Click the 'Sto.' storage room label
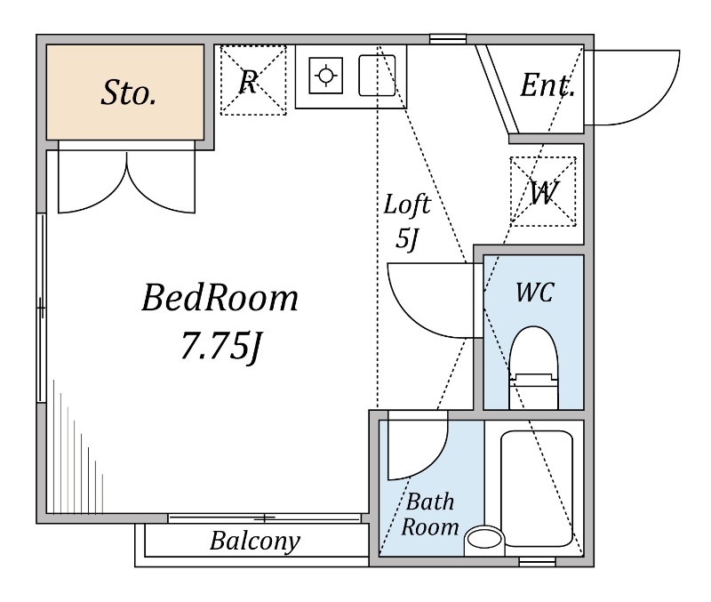point(129,92)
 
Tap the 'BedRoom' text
point(220,298)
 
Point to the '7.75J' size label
point(220,347)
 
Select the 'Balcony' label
point(255,541)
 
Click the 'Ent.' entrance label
point(547,84)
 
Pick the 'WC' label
point(535,293)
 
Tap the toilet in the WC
point(534,368)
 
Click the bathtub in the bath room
point(537,488)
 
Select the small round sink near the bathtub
point(484,540)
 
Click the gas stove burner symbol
point(325,76)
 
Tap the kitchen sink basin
point(377,76)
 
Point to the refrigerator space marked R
point(253,80)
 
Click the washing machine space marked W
point(543,191)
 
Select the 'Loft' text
point(407,205)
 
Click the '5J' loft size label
point(406,238)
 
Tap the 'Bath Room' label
point(430,515)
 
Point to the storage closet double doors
point(127,181)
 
